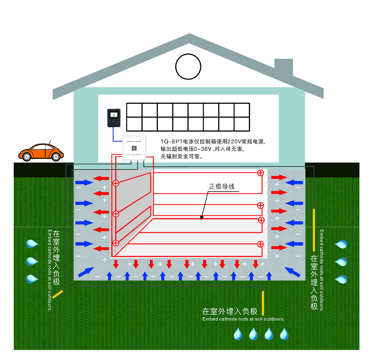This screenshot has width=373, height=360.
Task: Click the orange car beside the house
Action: coord(41,152)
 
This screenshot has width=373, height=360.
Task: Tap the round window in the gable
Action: coord(188,67)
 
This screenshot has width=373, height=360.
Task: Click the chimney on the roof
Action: coord(283,67)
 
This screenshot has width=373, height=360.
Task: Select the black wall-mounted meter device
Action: coord(114,118)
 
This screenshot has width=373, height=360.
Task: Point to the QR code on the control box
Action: coord(134,148)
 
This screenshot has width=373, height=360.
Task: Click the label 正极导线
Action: coord(222,187)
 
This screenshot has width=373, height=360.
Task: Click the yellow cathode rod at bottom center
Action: coord(263,303)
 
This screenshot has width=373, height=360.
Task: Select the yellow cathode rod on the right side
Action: coord(314,230)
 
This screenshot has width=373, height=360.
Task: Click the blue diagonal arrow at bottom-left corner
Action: coord(85,272)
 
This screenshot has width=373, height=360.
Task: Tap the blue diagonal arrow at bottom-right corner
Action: coord(292,272)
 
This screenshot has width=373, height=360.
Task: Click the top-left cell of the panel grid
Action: coord(134,110)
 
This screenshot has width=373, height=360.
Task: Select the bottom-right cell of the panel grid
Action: coord(242,124)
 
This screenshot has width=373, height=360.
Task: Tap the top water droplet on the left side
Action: coord(32,243)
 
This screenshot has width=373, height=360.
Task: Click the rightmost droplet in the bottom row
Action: coord(284,334)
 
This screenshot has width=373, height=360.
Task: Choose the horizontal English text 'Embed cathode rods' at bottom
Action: coord(243,319)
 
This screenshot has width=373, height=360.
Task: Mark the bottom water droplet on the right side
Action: coord(341,279)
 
